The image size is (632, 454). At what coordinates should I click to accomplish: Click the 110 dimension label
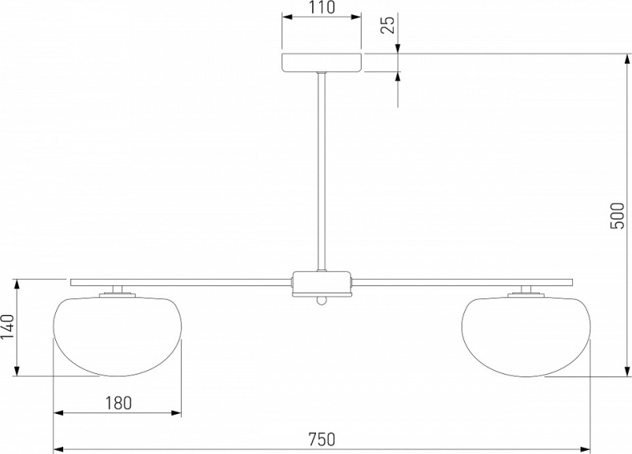point(322,7)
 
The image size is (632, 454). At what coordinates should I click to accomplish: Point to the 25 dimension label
point(387,25)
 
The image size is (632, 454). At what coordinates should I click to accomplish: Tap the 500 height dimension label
point(617,216)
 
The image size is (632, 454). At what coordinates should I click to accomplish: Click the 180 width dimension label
point(118,403)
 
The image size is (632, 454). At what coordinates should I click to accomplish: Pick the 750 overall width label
point(322,439)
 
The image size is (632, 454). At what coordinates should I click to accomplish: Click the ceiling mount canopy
point(322,62)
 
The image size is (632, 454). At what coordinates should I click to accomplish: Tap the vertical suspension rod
point(322,172)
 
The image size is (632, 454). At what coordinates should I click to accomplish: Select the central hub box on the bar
point(322,284)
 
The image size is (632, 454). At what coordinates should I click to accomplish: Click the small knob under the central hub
point(322,301)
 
